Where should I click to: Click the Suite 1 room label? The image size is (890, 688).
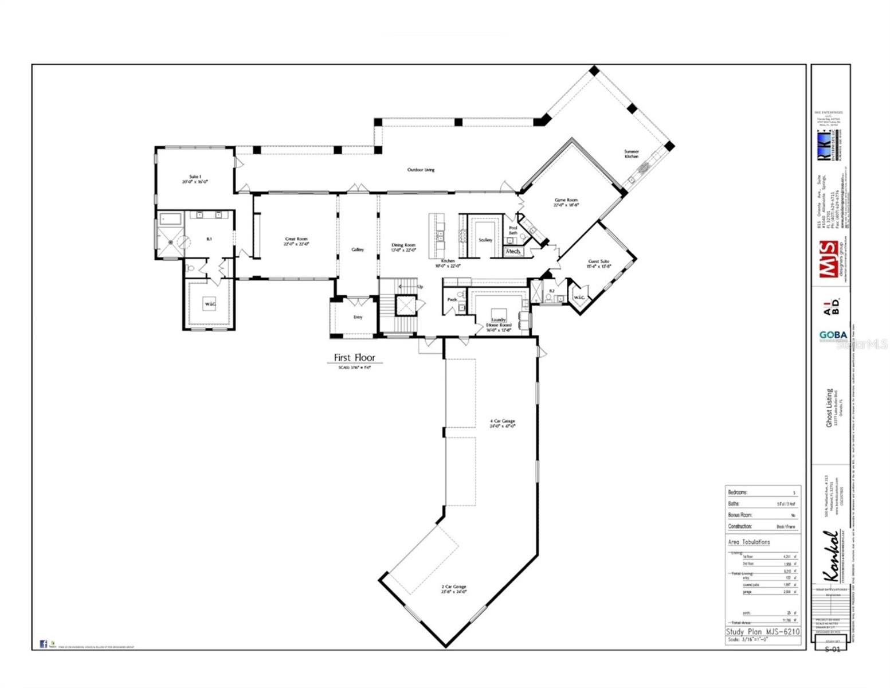point(195,178)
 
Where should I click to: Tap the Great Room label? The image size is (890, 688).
point(297,241)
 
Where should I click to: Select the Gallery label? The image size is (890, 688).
point(358,249)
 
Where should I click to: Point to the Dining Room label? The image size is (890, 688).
point(403,247)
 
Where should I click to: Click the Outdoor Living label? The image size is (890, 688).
point(421,170)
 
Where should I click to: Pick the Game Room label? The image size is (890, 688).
point(566,202)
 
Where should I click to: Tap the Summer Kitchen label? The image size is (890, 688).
point(632,154)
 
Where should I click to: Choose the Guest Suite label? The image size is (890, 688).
point(598,264)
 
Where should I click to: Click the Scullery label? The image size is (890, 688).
point(485,240)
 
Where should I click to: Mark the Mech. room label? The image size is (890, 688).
point(513,251)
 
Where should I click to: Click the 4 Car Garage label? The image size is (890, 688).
point(502,424)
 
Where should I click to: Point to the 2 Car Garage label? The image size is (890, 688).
point(453,589)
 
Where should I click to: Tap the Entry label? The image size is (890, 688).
point(358,317)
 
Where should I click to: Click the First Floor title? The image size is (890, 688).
point(354,358)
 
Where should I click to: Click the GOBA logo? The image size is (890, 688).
point(833,335)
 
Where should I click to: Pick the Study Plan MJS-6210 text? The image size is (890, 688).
point(763,631)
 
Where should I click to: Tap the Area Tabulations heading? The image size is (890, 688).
point(748,542)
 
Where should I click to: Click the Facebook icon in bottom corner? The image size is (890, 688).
point(44,644)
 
